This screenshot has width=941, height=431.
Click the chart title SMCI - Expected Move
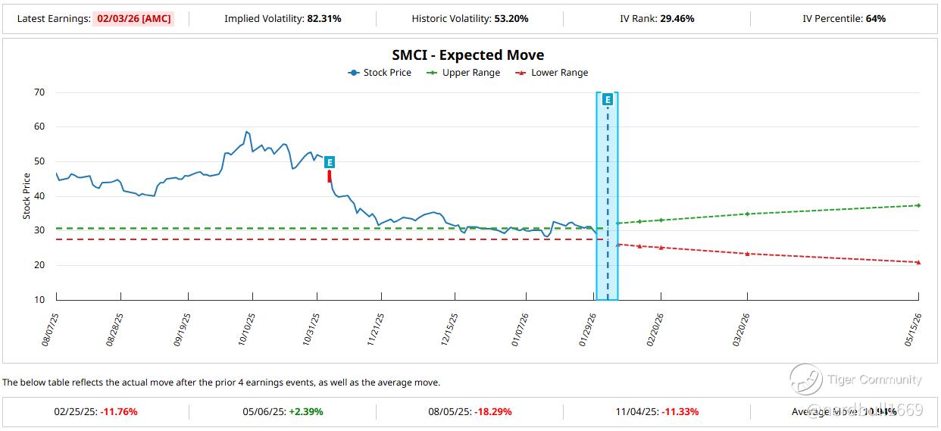coord(467,55)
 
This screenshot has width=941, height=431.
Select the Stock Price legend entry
coord(380,73)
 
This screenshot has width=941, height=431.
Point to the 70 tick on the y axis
coord(39,92)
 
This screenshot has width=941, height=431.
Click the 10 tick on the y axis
coord(39,300)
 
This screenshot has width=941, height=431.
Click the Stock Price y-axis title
coord(27,196)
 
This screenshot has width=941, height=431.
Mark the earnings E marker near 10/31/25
coord(330,162)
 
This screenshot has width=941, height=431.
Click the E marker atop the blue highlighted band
coord(608,99)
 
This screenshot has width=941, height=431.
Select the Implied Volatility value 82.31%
coord(324,18)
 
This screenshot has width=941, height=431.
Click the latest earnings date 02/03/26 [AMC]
coord(133,18)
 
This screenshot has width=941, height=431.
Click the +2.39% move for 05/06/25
coord(306,412)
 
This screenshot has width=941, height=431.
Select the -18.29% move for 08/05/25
coord(493,412)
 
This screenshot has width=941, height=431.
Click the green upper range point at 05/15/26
coord(918,205)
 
